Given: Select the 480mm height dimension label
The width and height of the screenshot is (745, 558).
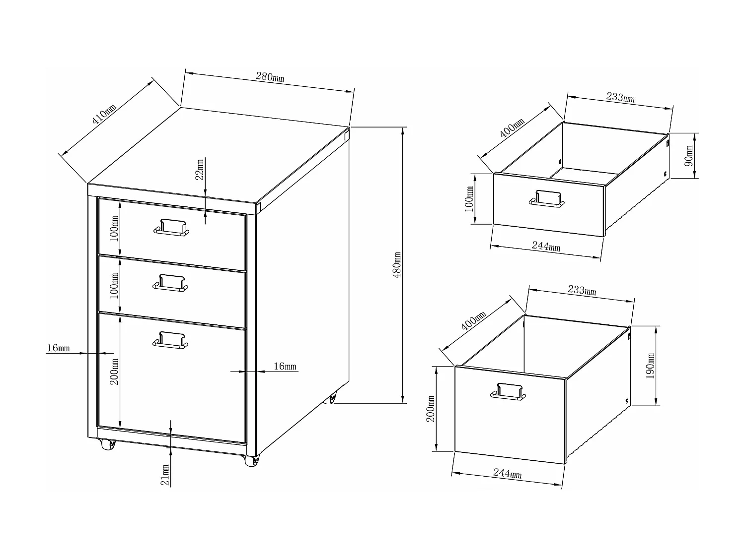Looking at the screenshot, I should click(x=397, y=265).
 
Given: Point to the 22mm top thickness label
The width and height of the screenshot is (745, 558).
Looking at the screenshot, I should click(x=200, y=170).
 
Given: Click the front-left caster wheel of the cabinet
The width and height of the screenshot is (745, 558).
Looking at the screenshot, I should click(x=107, y=444).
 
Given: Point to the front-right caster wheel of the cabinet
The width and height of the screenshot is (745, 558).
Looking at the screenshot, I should click(x=252, y=461).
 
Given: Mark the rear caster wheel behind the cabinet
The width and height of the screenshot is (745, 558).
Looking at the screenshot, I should click(x=330, y=399).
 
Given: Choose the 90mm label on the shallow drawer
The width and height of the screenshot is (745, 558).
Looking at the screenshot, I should click(x=689, y=156).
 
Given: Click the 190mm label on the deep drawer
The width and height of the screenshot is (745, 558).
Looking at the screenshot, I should click(x=651, y=366).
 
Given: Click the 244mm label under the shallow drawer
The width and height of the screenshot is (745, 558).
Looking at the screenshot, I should click(x=546, y=247).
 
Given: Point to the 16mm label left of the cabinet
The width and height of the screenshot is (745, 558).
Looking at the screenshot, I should click(x=58, y=348).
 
